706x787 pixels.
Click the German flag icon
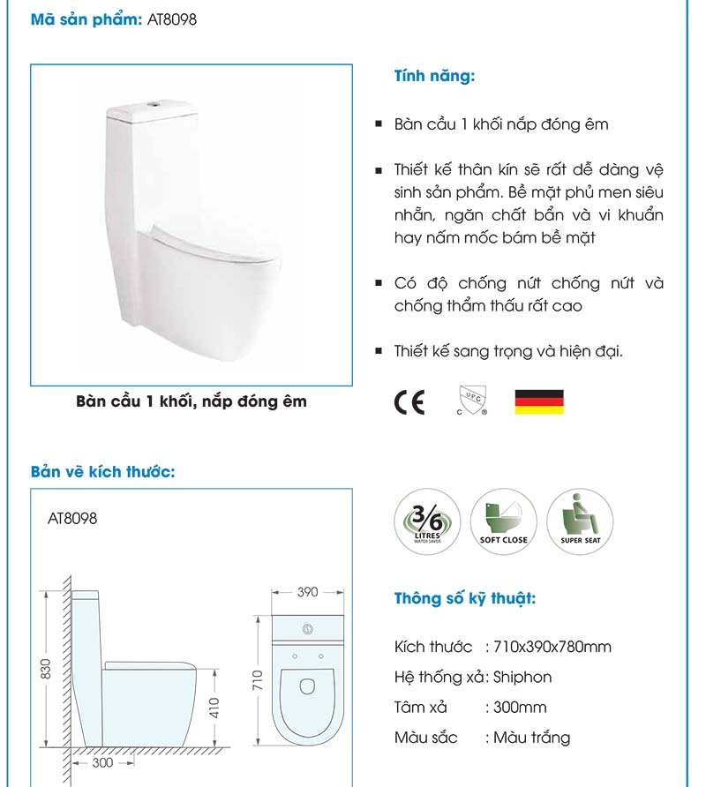click(x=538, y=402)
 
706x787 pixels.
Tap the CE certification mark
click(x=409, y=402)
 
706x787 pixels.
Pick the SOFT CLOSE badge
click(x=503, y=523)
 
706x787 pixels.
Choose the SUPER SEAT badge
click(x=580, y=523)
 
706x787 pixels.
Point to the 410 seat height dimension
click(x=215, y=706)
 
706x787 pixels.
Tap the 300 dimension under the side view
click(x=103, y=762)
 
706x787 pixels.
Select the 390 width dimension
click(x=307, y=592)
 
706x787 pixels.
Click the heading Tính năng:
click(x=434, y=77)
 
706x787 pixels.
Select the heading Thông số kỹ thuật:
click(x=464, y=599)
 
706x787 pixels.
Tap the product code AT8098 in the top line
click(x=172, y=19)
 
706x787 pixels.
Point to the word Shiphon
click(x=523, y=677)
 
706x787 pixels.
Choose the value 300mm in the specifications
click(x=520, y=707)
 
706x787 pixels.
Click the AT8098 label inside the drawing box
click(x=72, y=518)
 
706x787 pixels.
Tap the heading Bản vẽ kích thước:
click(x=103, y=471)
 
